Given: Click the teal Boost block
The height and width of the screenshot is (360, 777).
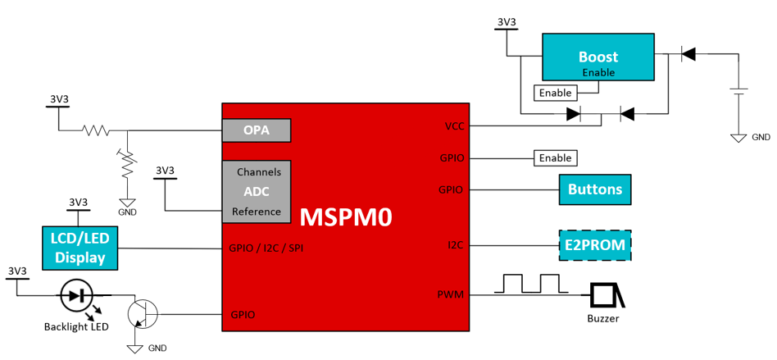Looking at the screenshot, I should click(598, 57).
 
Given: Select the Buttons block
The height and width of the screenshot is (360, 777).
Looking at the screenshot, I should click(595, 189).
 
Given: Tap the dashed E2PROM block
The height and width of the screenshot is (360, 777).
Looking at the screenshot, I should click(595, 244).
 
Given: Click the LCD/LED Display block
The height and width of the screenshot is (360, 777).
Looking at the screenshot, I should click(80, 248).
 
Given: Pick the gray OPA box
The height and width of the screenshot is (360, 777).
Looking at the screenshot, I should click(257, 130).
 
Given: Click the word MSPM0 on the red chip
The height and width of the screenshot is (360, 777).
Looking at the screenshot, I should click(345, 217).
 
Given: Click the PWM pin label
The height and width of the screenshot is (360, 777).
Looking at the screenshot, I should click(450, 294).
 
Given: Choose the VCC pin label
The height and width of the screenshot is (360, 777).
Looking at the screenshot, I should click(453, 126).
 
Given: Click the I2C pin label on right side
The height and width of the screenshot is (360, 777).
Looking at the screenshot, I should click(456, 244).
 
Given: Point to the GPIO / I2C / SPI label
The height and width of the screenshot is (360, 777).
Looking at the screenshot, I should click(266, 248).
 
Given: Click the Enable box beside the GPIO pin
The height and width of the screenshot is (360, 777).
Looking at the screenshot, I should click(555, 157).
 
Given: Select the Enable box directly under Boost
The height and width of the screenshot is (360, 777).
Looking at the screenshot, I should click(555, 93).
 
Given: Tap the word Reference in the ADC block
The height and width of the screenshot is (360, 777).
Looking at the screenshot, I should click(257, 212).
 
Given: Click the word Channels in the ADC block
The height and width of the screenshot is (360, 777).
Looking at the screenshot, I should click(259, 172).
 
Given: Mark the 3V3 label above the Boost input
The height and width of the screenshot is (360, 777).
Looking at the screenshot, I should click(507, 22).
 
